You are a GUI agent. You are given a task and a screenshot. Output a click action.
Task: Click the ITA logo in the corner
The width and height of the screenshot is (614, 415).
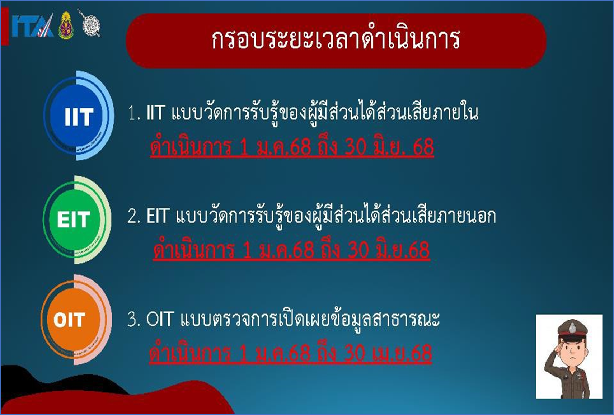tap(33, 26)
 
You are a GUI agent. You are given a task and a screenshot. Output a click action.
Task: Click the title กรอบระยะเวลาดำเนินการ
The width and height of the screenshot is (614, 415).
tap(336, 39)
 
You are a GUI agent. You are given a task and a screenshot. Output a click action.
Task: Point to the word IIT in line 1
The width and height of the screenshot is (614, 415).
tap(155, 113)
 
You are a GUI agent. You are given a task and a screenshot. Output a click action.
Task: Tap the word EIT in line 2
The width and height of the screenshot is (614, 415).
tap(157, 216)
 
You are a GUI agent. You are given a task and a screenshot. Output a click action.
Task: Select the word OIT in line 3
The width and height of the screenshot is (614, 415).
tap(160, 319)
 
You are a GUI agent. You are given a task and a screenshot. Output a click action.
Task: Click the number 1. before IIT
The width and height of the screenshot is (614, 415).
tap(134, 113)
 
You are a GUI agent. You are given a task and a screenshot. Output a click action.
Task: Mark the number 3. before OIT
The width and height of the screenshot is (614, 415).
tap(133, 319)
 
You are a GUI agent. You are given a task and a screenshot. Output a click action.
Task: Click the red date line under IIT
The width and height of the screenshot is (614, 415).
tap(292, 147)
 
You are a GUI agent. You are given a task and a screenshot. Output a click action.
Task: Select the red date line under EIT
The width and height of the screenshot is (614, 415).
tap(291, 250)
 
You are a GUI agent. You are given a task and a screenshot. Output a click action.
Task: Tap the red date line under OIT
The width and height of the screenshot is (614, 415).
tap(290, 353)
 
